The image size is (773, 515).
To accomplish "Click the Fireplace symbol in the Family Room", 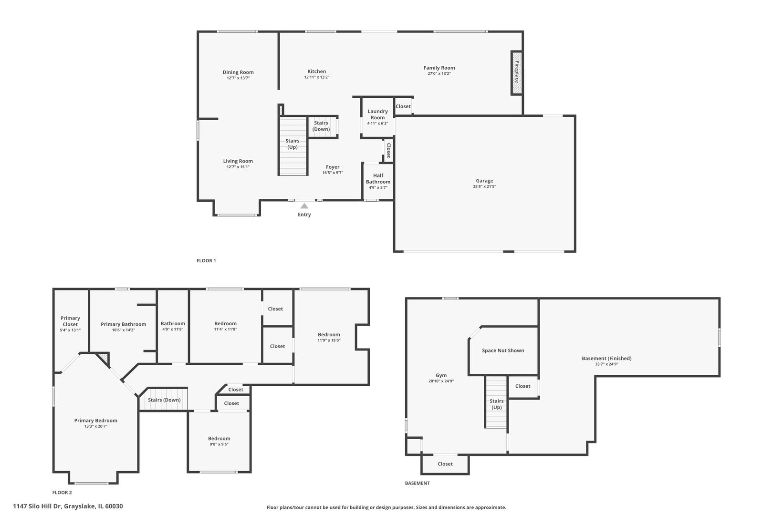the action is point(517,73).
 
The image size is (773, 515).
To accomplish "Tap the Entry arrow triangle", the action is point(304,206).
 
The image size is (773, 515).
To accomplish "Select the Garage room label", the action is point(484,181).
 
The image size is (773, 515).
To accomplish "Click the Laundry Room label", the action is point(377,114).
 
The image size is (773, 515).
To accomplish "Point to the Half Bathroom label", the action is point(378,179).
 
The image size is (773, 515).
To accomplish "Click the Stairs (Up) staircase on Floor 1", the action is point(293,146).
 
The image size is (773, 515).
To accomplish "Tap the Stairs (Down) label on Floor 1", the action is point(321,126).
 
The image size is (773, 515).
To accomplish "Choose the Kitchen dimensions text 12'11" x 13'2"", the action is point(317,77).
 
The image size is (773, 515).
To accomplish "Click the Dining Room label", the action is point(238,72).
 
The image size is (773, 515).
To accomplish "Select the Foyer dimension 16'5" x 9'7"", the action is point(333,173).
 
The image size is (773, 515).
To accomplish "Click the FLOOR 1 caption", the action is point(206,261).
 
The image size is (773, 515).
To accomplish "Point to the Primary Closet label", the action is point(70,321).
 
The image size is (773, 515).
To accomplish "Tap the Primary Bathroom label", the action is point(123,324).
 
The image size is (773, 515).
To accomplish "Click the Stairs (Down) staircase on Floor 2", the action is point(163,399).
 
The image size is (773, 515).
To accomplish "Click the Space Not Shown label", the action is point(503,350).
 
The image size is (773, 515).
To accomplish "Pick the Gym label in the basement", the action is point(441,375).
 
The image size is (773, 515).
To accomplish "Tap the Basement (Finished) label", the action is point(606,359).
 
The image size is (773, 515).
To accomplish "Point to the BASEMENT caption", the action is point(417,483).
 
